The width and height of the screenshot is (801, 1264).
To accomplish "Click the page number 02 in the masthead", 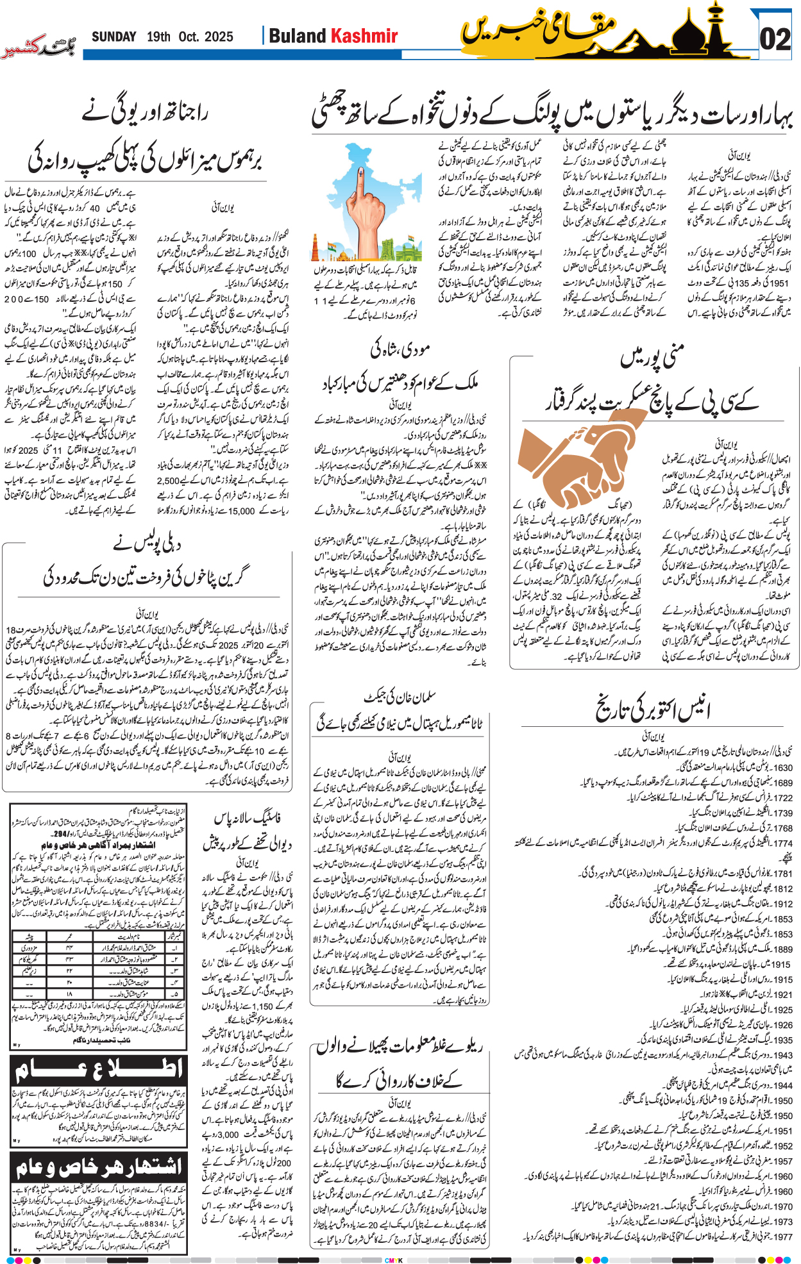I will [775, 40].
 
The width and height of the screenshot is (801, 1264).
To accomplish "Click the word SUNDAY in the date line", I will [114, 37].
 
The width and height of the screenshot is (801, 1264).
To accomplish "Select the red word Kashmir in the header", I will [364, 36].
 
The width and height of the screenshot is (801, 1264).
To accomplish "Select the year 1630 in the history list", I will [782, 767].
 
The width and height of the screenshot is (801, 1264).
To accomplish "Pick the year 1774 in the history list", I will [782, 844].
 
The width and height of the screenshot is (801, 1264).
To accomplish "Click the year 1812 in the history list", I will [782, 888].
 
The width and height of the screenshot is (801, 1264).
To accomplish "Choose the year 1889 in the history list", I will [782, 949].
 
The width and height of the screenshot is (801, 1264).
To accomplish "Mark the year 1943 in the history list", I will [782, 1055].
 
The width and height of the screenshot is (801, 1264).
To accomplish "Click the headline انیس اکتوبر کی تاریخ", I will [652, 708].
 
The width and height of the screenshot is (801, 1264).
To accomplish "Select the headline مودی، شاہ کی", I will [400, 350].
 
